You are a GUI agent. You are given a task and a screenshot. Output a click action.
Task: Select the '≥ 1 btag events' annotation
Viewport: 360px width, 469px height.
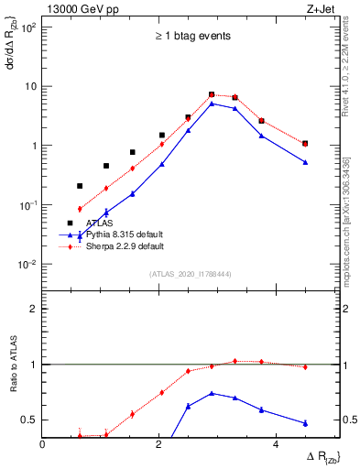click(191, 37)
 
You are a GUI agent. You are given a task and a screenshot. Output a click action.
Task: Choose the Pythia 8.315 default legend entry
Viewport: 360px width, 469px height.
click(125, 235)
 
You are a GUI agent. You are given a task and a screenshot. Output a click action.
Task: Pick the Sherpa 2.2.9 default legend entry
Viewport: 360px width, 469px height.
click(125, 247)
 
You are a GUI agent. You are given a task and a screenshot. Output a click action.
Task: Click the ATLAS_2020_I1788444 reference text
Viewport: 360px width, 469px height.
click(191, 273)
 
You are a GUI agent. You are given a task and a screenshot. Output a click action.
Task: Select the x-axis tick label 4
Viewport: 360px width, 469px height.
click(278, 444)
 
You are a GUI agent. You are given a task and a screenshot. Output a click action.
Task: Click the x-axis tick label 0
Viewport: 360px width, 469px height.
click(43, 444)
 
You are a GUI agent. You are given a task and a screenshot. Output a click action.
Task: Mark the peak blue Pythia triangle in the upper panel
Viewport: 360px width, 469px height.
click(212, 104)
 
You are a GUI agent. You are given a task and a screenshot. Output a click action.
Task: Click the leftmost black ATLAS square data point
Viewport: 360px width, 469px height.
click(80, 186)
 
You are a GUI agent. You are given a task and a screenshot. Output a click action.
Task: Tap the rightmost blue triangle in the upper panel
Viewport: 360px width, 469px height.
click(305, 162)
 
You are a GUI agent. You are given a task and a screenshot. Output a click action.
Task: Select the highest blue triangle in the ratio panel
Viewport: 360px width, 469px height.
click(212, 393)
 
